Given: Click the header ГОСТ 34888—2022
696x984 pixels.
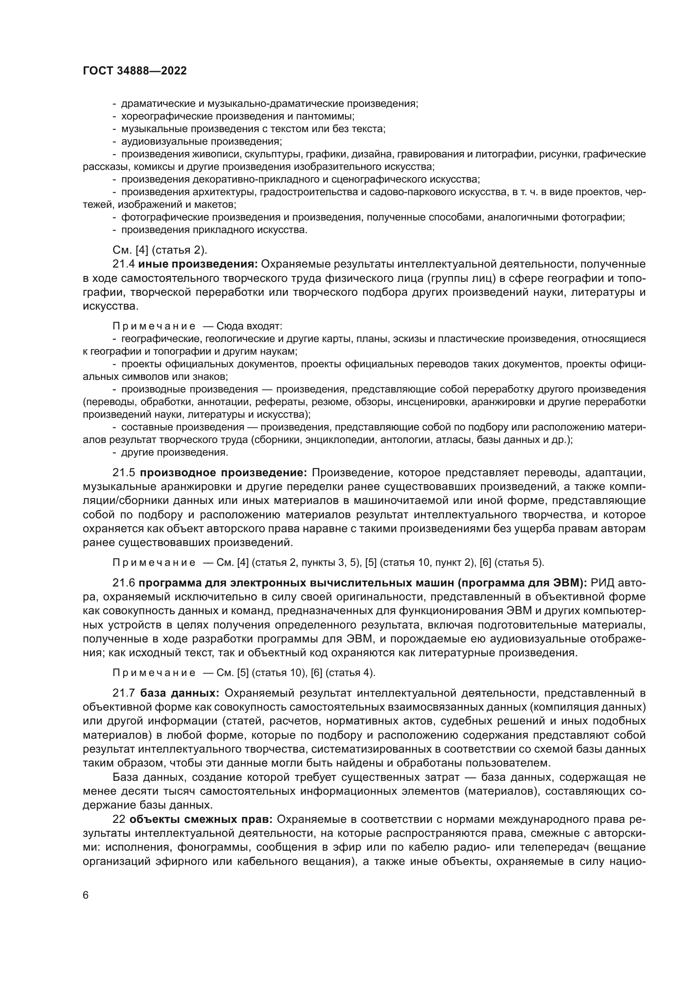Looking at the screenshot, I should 135,71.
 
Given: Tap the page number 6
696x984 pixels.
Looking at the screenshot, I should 86,896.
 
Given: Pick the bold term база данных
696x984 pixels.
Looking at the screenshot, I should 180,693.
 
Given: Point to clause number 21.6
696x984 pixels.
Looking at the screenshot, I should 123,583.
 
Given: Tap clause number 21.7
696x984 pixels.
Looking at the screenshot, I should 123,693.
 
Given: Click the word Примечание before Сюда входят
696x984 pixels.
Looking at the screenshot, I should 154,326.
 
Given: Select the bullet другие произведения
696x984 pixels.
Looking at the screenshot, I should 175,452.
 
